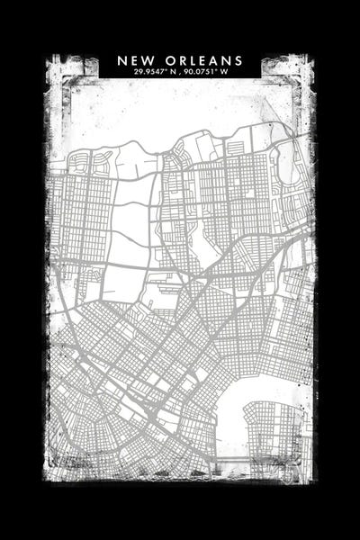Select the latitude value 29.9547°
point(149,72)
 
